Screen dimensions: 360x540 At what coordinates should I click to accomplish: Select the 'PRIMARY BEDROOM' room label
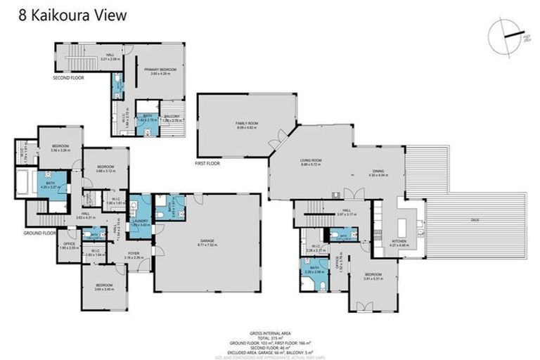tap(160, 70)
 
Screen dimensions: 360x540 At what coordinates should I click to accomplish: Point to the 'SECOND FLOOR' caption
tap(68, 77)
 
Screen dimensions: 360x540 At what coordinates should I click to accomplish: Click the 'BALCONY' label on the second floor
tap(172, 117)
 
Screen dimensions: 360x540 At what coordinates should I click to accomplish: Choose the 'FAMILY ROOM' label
tap(247, 123)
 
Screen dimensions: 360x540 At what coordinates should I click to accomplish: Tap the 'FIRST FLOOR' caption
tap(207, 162)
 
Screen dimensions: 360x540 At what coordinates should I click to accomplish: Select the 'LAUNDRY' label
tap(140, 221)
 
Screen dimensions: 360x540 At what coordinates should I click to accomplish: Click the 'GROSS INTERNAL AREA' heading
tap(271, 333)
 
